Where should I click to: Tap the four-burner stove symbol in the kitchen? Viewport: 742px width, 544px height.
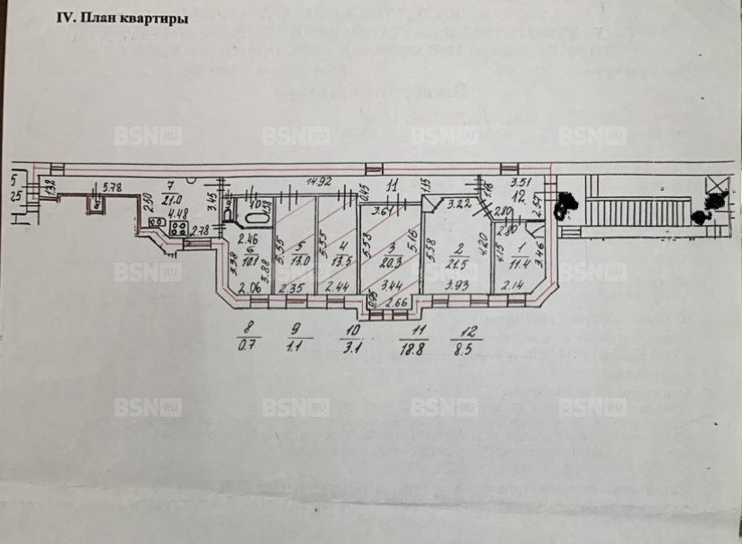pyautogui.click(x=177, y=227)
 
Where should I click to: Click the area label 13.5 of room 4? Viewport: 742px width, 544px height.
pyautogui.click(x=339, y=262)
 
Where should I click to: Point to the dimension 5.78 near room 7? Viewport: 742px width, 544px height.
pyautogui.click(x=112, y=187)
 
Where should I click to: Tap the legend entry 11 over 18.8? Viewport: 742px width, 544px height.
pyautogui.click(x=417, y=341)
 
